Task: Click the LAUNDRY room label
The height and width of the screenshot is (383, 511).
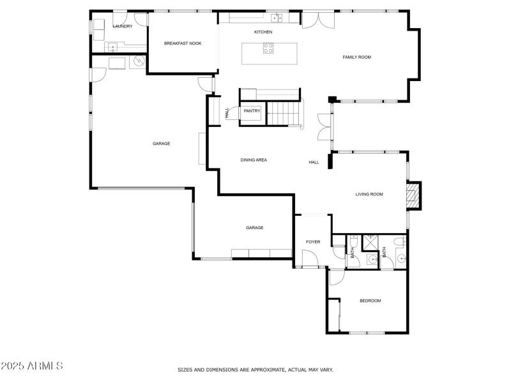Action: point(122,26)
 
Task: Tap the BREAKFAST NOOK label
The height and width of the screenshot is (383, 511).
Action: point(183,43)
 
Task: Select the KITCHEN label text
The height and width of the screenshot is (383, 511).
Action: point(263,32)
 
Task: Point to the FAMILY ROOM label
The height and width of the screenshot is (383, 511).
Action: point(356,57)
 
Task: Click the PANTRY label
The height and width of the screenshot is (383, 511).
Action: point(252,111)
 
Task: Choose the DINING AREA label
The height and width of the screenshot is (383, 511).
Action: point(254,160)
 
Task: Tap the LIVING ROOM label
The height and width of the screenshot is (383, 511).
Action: point(369,194)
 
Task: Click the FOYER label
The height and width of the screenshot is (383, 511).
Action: point(313,242)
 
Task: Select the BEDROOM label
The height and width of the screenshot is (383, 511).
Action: point(370,301)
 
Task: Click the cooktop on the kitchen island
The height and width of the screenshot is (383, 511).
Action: point(269,48)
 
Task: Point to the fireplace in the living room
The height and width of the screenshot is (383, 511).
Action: point(415,195)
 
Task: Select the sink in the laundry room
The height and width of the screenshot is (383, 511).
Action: point(112,47)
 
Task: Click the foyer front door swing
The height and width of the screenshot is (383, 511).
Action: point(310,259)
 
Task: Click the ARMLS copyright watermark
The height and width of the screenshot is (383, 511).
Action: point(32,366)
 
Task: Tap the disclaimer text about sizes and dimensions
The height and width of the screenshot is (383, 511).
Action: point(255,370)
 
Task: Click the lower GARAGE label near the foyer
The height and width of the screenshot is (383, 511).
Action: point(255,228)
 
